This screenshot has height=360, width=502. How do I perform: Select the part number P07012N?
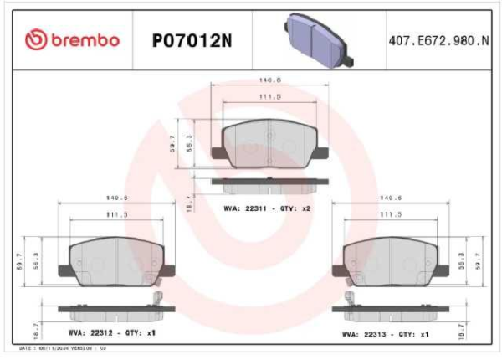click(x=192, y=39)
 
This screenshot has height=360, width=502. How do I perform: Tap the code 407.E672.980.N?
click(x=439, y=39)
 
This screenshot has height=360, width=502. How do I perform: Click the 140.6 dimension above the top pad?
click(x=269, y=80)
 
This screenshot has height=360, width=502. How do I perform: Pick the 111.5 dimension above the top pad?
click(x=269, y=97)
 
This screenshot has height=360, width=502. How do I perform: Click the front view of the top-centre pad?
click(x=269, y=142)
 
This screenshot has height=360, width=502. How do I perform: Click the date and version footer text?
click(x=63, y=347)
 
